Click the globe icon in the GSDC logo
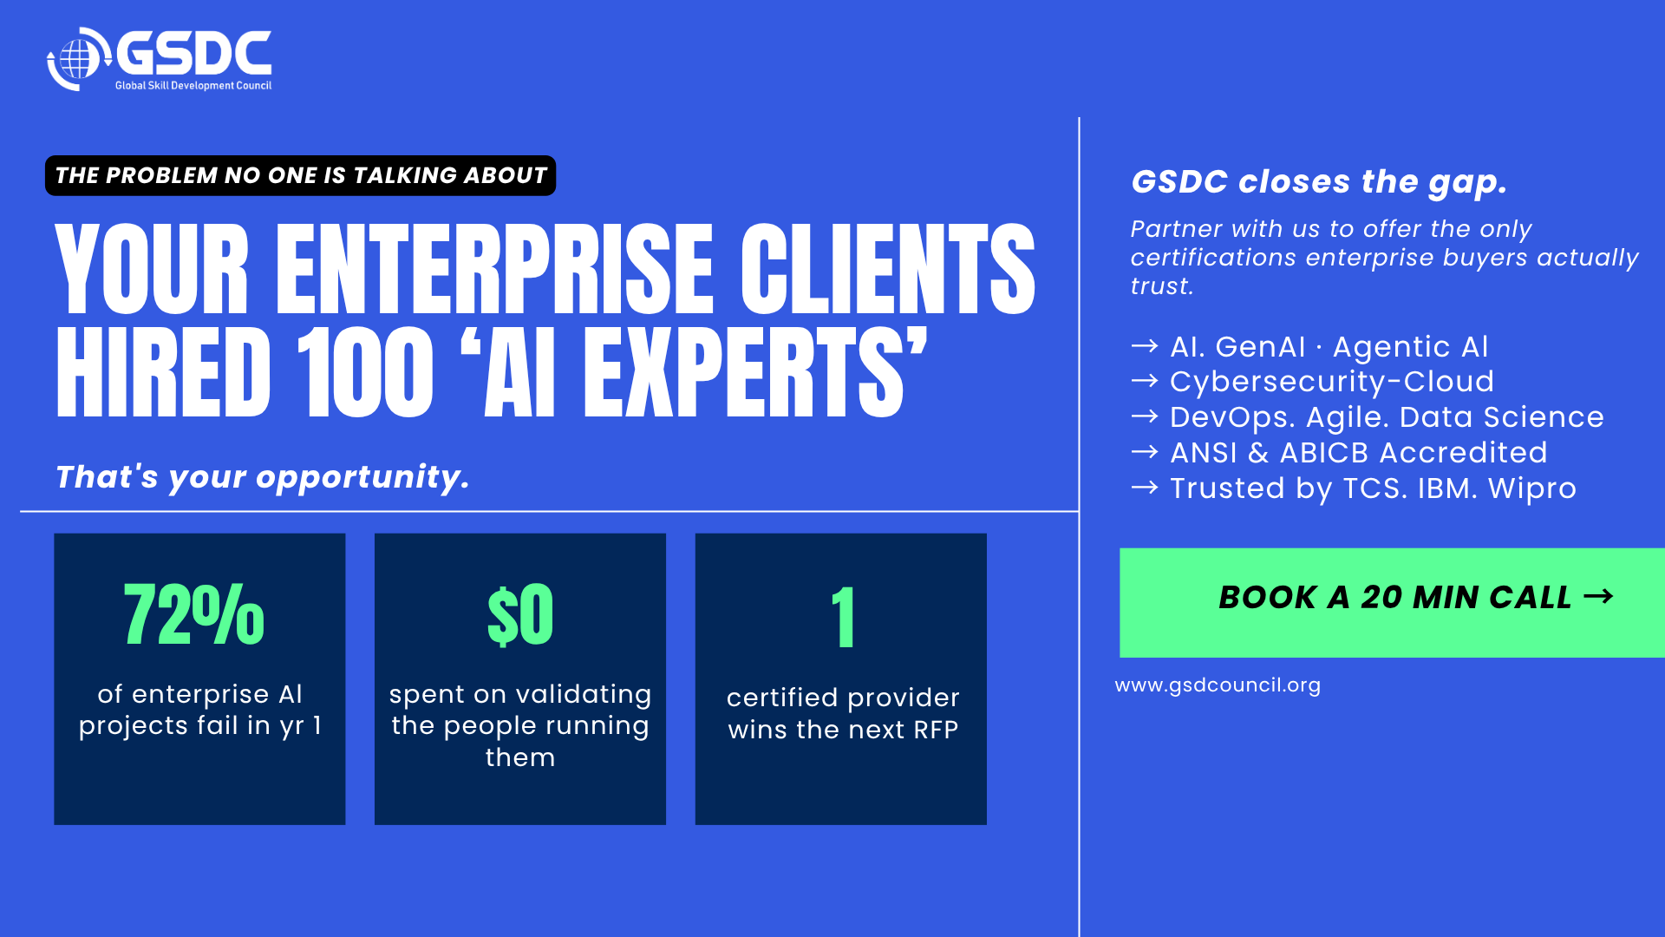point(79,58)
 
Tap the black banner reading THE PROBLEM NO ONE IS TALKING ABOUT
point(300,175)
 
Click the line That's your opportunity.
point(262,477)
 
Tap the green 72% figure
point(194,614)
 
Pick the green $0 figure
point(520,614)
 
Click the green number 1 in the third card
point(843,617)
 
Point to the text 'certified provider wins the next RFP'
point(843,713)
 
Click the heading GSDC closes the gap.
point(1319,182)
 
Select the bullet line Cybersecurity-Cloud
point(1332,382)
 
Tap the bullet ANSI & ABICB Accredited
point(1359,453)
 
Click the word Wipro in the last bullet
point(1532,488)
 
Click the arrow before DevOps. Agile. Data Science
point(1145,416)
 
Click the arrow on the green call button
point(1598,596)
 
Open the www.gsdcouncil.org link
point(1218,685)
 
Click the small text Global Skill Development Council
point(193,85)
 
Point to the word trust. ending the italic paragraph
point(1162,286)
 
